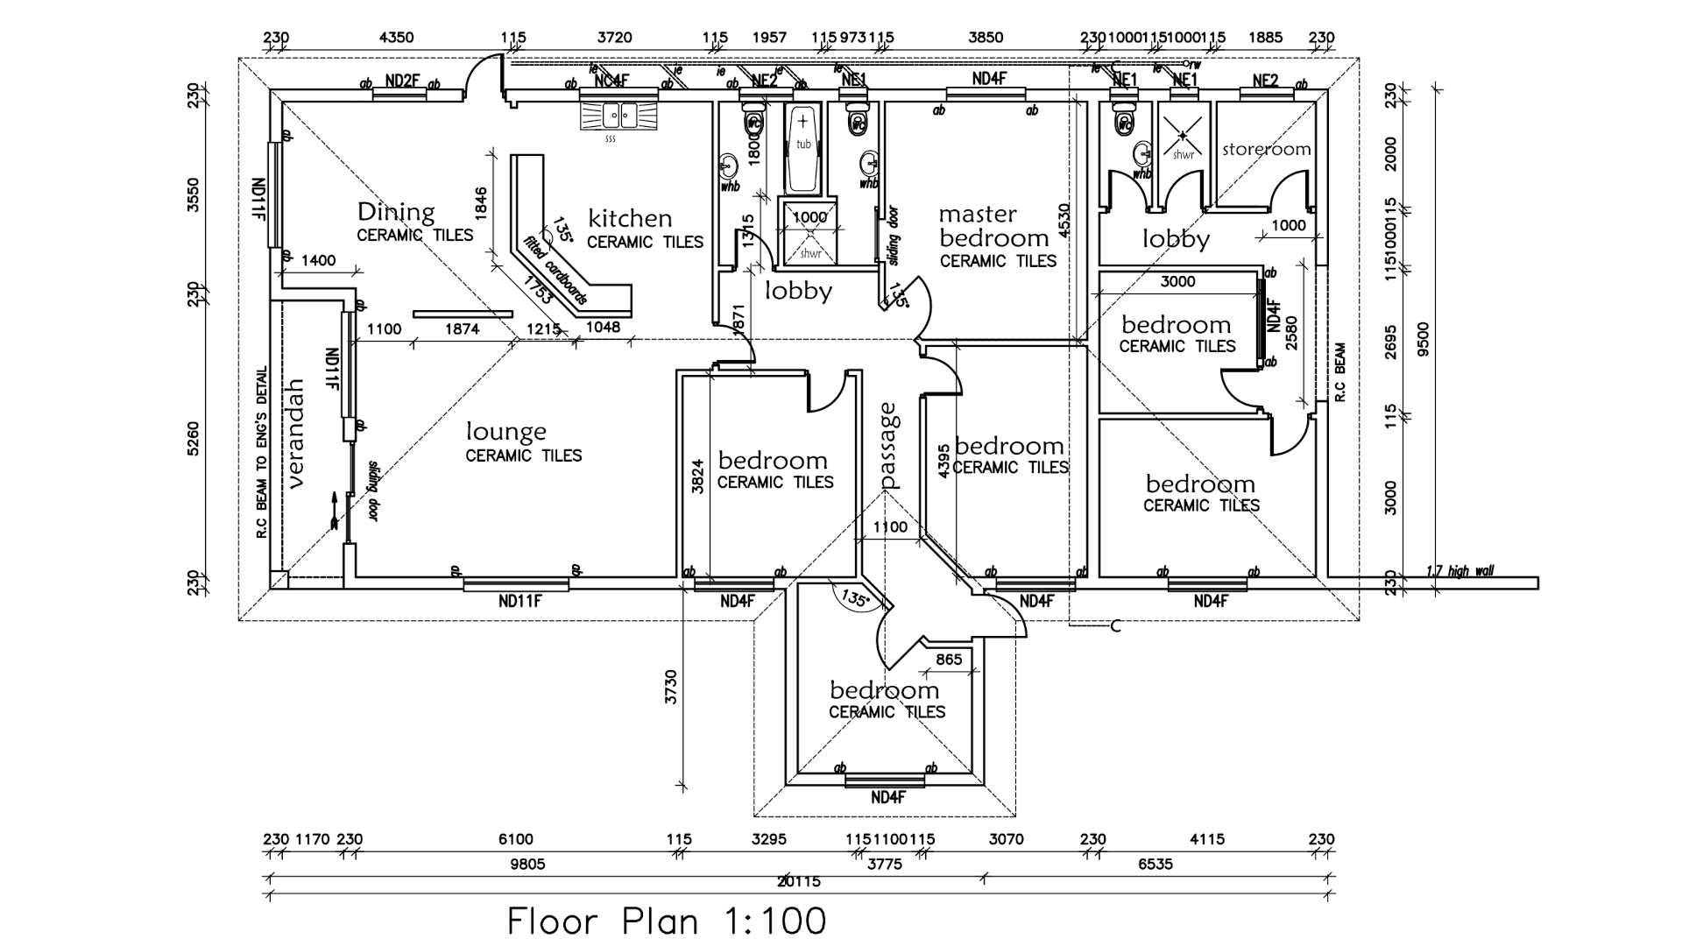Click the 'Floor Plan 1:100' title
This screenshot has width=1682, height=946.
pos(667,921)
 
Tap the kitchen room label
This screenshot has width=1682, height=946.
pos(630,218)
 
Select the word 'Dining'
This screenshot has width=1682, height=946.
pos(396,212)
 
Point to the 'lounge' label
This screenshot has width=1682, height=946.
pos(506,432)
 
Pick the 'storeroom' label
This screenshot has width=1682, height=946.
pos(1267,149)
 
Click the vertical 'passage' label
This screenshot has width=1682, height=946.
pos(889,445)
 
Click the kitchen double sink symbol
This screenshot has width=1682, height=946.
pos(618,116)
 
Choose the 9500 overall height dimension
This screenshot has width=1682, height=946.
pos(1424,339)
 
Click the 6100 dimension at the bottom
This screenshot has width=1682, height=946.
pos(515,839)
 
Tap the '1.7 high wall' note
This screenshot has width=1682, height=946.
pos(1459,572)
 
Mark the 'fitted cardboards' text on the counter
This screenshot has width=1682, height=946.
pos(555,271)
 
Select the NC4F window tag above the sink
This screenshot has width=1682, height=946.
pos(612,81)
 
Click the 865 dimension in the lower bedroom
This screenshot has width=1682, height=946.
pos(949,660)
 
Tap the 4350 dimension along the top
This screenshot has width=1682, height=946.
pos(396,38)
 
